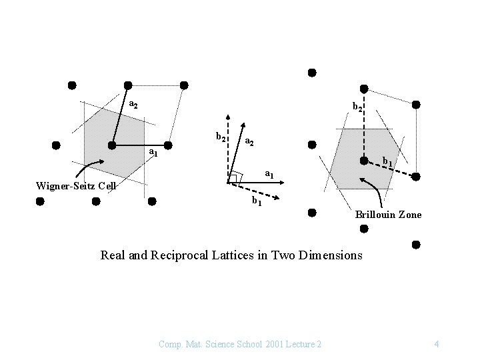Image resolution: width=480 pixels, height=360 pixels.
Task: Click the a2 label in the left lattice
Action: tap(133, 105)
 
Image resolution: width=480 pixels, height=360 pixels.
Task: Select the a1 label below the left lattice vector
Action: tap(153, 153)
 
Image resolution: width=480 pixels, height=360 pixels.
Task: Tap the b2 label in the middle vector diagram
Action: tap(221, 137)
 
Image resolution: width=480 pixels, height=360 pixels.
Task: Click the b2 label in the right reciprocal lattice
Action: tap(358, 106)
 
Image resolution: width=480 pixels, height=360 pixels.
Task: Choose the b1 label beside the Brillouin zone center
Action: tap(387, 161)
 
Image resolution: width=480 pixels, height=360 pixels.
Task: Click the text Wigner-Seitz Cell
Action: tap(75, 185)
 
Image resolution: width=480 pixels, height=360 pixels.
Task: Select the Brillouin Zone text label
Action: tap(388, 215)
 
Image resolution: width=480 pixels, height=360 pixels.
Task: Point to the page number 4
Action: tap(436, 344)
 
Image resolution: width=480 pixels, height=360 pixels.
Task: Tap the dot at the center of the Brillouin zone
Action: tap(364, 161)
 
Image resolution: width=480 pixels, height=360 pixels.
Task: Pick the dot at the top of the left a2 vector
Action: tap(128, 85)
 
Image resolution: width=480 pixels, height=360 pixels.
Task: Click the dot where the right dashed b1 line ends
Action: tap(416, 177)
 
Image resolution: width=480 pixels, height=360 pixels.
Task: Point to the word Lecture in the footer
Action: tap(296, 344)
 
